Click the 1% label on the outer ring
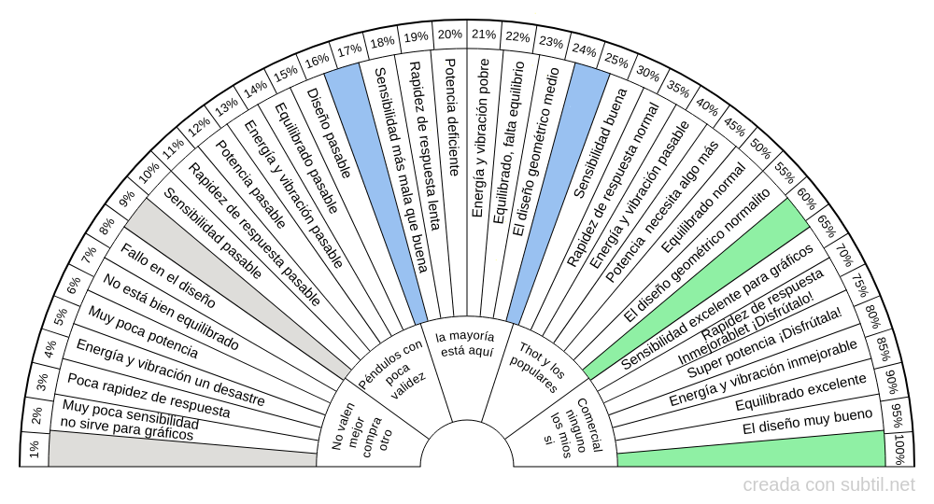click(x=34, y=449)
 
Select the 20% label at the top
click(x=449, y=35)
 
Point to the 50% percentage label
click(x=760, y=148)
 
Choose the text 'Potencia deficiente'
click(x=451, y=118)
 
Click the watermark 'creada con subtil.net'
click(x=828, y=484)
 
